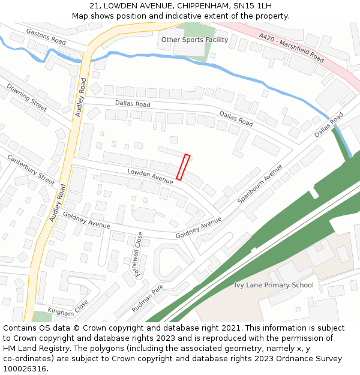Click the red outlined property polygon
coord(183,167)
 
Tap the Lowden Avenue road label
coord(150,175)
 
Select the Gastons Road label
coord(46,37)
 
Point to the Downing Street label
coord(26,97)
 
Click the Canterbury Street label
coord(31,170)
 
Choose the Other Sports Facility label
coord(194,40)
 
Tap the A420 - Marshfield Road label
coord(292,48)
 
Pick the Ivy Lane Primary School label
coord(274,285)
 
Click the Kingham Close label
coord(68,308)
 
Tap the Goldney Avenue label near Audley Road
coord(86,220)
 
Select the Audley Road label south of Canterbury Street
coord(58,203)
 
